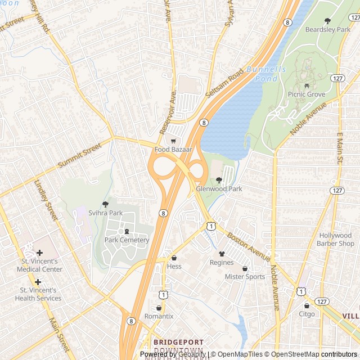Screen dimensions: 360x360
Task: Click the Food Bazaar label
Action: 174,150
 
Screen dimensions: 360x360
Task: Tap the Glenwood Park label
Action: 219,189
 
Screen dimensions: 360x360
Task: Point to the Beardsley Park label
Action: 327,29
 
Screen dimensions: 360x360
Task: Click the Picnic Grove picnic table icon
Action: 307,86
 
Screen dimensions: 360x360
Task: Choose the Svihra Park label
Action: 105,213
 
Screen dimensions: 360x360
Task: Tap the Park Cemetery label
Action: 127,240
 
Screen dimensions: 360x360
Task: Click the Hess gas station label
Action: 174,266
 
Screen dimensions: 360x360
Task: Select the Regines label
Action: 222,263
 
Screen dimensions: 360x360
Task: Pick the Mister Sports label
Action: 245,277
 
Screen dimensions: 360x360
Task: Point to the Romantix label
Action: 159,316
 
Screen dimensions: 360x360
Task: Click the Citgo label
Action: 307,314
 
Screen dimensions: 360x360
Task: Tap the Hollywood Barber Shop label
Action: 336,240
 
